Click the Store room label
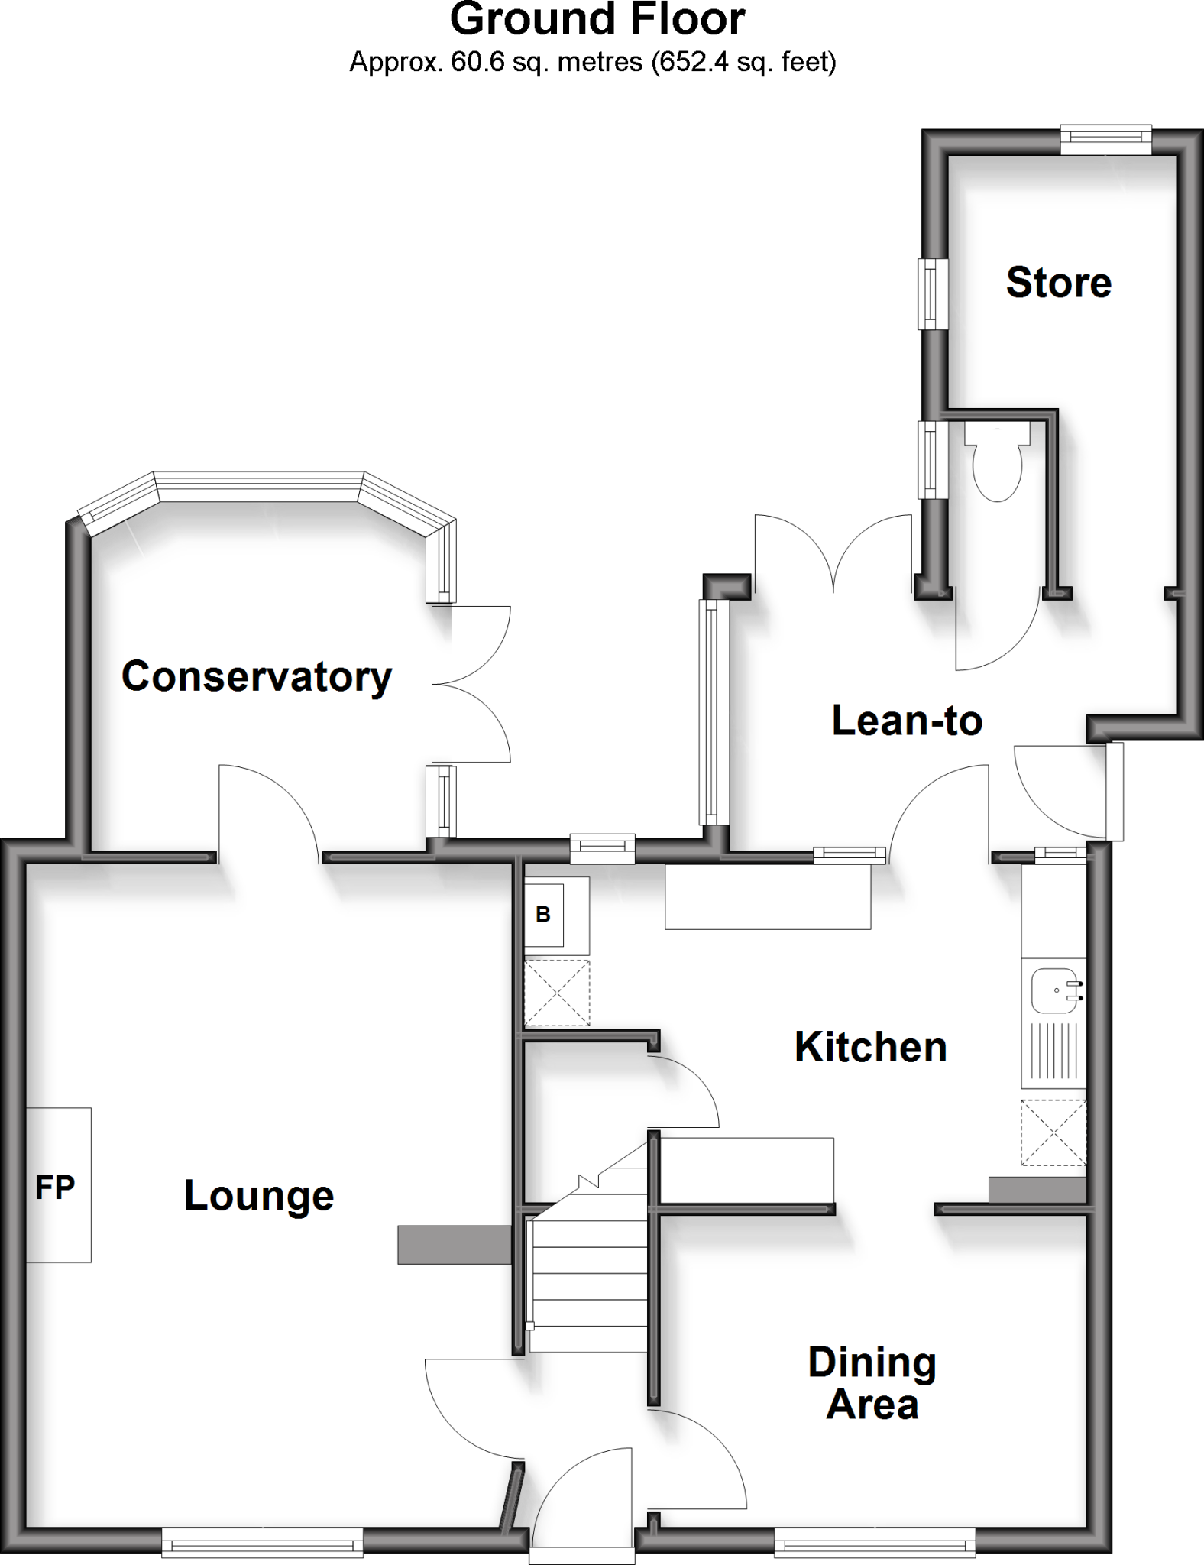tap(1058, 283)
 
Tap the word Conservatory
tap(257, 677)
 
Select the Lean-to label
tap(907, 721)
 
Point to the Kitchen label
tap(871, 1047)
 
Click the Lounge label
tap(259, 1196)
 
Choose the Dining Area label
tap(872, 1384)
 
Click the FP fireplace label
tap(55, 1188)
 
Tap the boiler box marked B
tap(543, 915)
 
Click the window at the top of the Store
tap(1105, 138)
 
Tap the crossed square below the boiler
tap(557, 993)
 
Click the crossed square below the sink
tap(1053, 1132)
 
